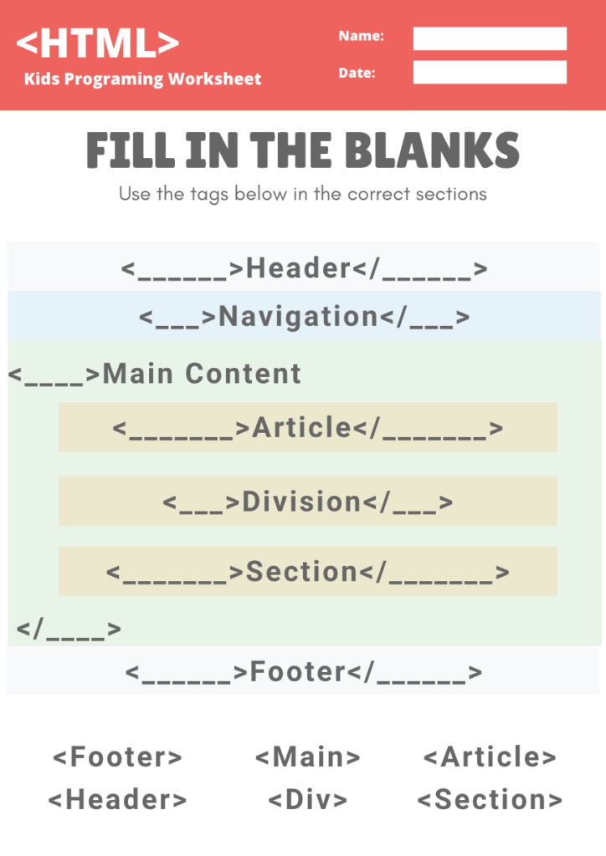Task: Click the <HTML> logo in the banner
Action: click(x=98, y=43)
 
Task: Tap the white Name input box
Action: click(x=490, y=38)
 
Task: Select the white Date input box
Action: click(x=490, y=72)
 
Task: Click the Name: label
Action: click(x=362, y=36)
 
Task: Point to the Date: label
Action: click(x=357, y=73)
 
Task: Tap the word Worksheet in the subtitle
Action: click(x=215, y=79)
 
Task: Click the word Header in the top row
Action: click(x=298, y=268)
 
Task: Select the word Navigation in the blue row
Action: click(x=298, y=317)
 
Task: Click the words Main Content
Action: click(x=202, y=374)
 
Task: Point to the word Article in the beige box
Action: click(x=301, y=427)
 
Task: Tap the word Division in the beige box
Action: click(x=301, y=502)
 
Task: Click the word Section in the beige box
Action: click(x=301, y=572)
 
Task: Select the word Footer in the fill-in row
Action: click(x=298, y=671)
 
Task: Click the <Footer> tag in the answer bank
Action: click(x=117, y=757)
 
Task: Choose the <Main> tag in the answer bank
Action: click(x=308, y=757)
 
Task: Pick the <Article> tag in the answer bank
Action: click(x=490, y=757)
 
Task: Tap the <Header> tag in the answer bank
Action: click(x=117, y=799)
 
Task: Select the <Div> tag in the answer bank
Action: click(x=308, y=799)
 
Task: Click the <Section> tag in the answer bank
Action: click(x=490, y=799)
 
